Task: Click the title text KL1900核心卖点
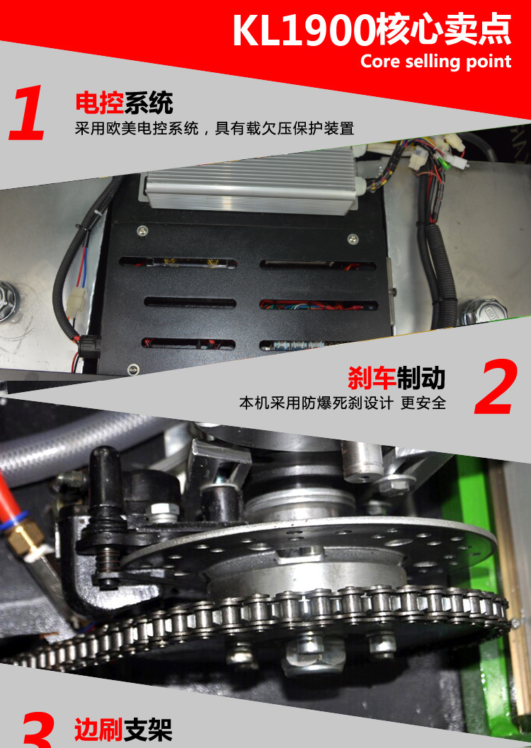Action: tap(372, 30)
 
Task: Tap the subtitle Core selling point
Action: tap(435, 61)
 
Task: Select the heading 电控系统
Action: tap(124, 102)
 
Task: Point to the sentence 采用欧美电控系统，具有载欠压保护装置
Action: tap(215, 128)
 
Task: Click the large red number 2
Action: tap(496, 386)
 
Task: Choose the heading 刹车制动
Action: tap(396, 378)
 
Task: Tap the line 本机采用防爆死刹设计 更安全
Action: tap(343, 403)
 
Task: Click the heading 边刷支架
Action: tap(123, 730)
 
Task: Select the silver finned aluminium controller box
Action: tap(253, 183)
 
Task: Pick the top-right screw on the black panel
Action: tap(353, 238)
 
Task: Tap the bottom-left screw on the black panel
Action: tap(134, 369)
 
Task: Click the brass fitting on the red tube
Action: tap(28, 538)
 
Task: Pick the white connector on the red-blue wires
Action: tap(76, 300)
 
